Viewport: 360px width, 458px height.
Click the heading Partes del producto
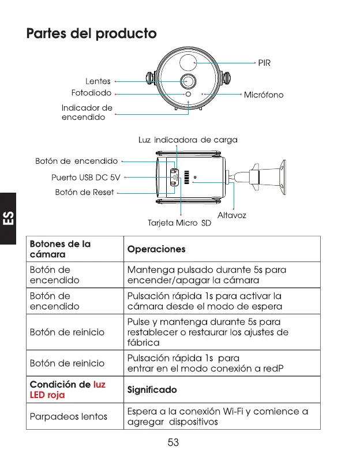click(92, 33)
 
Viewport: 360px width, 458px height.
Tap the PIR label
click(264, 62)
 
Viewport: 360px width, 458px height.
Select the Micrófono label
click(264, 95)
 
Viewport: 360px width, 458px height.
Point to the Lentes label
click(97, 81)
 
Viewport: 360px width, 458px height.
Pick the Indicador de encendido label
click(87, 112)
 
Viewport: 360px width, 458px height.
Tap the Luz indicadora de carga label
click(187, 140)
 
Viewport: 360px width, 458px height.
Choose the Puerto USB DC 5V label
click(85, 177)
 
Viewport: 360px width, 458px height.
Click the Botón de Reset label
click(84, 192)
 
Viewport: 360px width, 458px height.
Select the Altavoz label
click(231, 215)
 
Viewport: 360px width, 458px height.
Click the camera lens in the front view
click(187, 80)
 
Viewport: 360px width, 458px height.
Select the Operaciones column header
click(157, 249)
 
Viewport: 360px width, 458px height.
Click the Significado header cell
click(152, 390)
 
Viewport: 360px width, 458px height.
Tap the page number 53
click(173, 442)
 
